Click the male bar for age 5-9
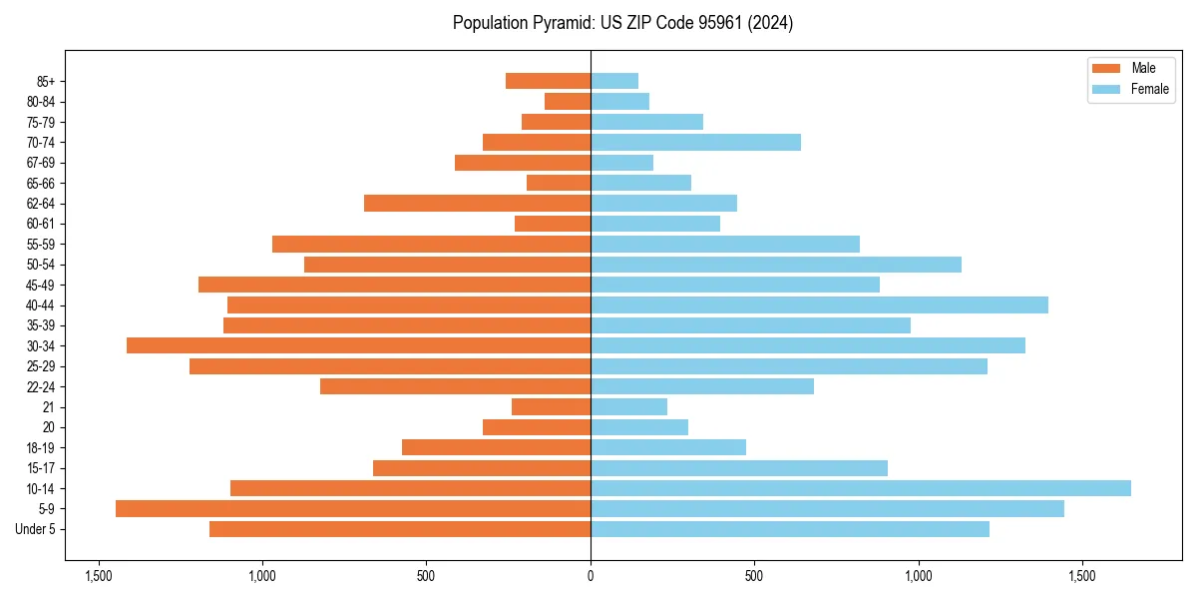[353, 509]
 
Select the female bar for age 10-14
[861, 488]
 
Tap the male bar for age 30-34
[359, 345]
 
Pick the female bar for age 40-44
[819, 304]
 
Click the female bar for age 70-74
[695, 142]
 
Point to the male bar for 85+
[548, 81]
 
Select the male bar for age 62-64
[477, 204]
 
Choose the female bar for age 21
[628, 407]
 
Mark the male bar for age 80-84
[568, 101]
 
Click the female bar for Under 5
[790, 529]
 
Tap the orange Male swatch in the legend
[1106, 68]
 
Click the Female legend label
[1149, 89]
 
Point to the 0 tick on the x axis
[591, 576]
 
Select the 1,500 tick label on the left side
[98, 576]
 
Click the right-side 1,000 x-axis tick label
[919, 576]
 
